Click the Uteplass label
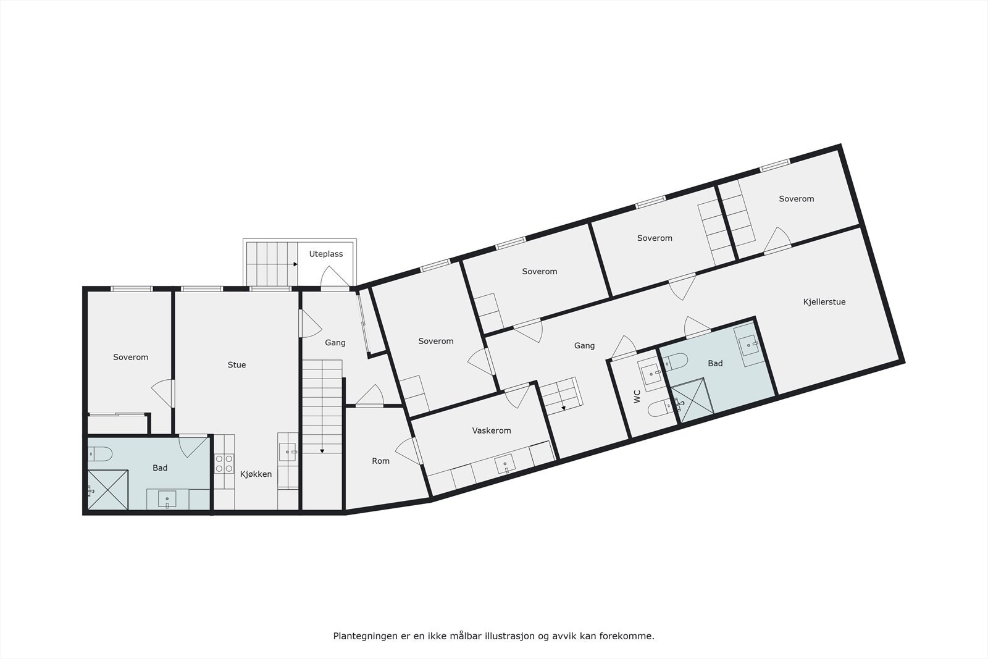click(x=326, y=254)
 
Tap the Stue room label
click(x=237, y=365)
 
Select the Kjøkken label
click(x=256, y=474)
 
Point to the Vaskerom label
click(x=492, y=430)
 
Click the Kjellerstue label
click(x=824, y=302)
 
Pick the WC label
click(x=637, y=396)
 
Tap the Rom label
click(x=380, y=461)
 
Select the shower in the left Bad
click(x=108, y=490)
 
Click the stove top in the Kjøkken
click(x=224, y=463)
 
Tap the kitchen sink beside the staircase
click(x=287, y=452)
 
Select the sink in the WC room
click(x=651, y=373)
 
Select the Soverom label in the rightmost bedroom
click(x=796, y=199)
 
